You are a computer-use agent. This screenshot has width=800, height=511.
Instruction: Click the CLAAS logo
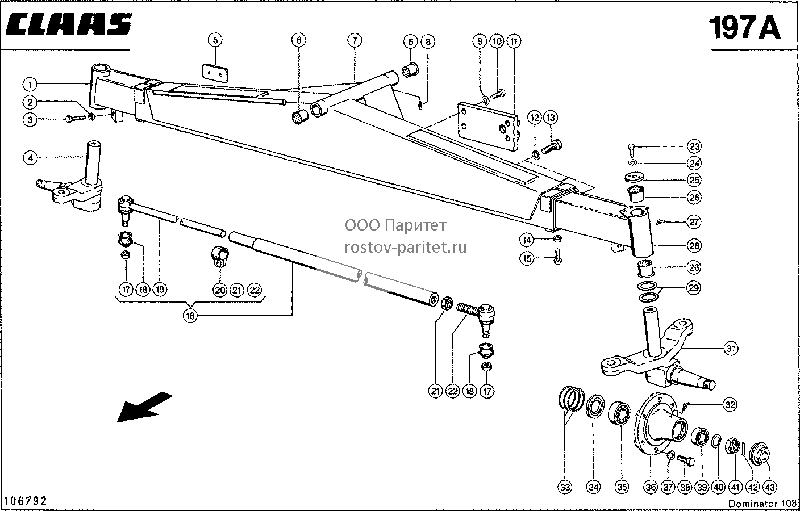point(69,24)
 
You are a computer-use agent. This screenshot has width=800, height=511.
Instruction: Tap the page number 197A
point(745,28)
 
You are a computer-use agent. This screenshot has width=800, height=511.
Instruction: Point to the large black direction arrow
point(145,407)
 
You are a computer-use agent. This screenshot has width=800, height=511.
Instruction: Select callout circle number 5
point(215,40)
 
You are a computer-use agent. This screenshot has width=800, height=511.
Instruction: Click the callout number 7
point(355,40)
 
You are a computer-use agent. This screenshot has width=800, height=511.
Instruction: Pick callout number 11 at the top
point(514,41)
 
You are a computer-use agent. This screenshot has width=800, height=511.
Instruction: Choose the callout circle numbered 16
point(190,316)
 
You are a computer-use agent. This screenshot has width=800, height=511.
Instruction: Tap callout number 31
point(730,348)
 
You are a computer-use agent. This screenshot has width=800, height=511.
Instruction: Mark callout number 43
point(770,487)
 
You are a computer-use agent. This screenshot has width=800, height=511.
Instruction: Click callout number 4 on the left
point(30,158)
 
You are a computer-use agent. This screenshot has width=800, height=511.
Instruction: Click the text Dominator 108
point(762,504)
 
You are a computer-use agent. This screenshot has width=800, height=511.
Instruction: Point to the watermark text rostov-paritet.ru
point(405,248)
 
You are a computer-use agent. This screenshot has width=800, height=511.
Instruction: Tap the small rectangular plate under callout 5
point(215,73)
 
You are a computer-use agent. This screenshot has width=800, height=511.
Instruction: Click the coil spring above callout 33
point(572,399)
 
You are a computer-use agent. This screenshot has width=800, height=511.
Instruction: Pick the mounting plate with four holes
point(489,126)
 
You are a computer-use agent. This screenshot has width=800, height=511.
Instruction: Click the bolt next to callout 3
point(76,118)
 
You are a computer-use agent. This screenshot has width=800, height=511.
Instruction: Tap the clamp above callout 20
point(220,256)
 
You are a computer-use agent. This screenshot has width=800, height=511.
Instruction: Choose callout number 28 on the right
point(694,245)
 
